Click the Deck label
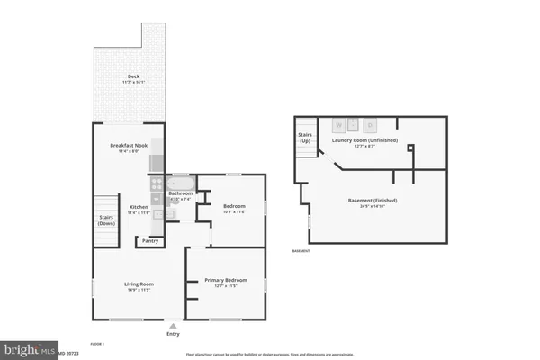pyautogui.click(x=133, y=76)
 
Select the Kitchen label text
pyautogui.click(x=139, y=206)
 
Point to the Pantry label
pyautogui.click(x=149, y=240)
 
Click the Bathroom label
pyautogui.click(x=181, y=193)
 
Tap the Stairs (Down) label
pyautogui.click(x=106, y=220)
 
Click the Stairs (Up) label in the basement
pyautogui.click(x=305, y=139)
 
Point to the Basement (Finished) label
pyautogui.click(x=373, y=200)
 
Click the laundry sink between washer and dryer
pyautogui.click(x=356, y=124)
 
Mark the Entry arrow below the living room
pyautogui.click(x=173, y=326)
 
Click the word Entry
pyautogui.click(x=173, y=335)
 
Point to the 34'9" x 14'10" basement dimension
pyautogui.click(x=373, y=206)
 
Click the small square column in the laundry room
pyautogui.click(x=409, y=147)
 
